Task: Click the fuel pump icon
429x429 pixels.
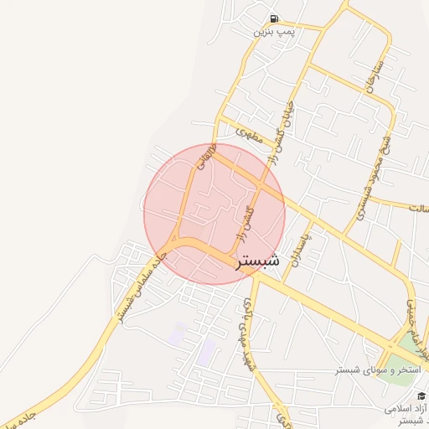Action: [274, 19]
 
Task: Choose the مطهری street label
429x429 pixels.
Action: [250, 132]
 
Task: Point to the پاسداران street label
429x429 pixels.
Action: [294, 249]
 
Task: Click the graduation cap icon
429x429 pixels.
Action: [420, 395]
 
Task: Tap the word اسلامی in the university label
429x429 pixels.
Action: [401, 409]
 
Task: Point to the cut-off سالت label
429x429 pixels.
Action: [417, 207]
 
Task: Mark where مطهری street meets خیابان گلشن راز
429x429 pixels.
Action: [266, 142]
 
